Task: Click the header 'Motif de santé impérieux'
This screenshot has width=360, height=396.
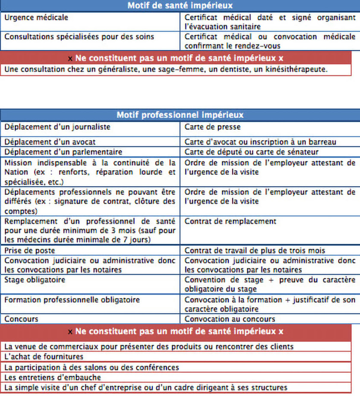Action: click(x=180, y=6)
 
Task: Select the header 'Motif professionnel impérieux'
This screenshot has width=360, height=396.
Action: click(x=180, y=115)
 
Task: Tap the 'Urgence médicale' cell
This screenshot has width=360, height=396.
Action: click(x=36, y=18)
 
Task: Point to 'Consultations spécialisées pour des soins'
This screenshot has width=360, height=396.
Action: click(x=79, y=37)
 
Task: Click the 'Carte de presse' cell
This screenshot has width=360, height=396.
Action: click(x=212, y=127)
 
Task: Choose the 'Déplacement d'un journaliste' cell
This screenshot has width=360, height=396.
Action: click(x=57, y=127)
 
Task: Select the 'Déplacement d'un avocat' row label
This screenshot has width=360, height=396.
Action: click(x=50, y=141)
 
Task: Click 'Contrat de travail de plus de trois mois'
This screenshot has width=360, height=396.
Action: click(x=255, y=250)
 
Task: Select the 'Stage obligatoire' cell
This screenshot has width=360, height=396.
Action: click(x=34, y=280)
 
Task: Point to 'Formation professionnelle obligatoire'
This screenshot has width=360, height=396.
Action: click(x=72, y=299)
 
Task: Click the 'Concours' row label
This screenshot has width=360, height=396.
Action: click(x=21, y=319)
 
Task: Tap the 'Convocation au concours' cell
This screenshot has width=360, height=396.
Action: click(x=230, y=319)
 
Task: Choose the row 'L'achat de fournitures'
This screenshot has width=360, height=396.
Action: click(x=44, y=357)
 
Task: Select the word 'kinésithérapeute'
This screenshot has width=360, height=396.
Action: click(x=299, y=69)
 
